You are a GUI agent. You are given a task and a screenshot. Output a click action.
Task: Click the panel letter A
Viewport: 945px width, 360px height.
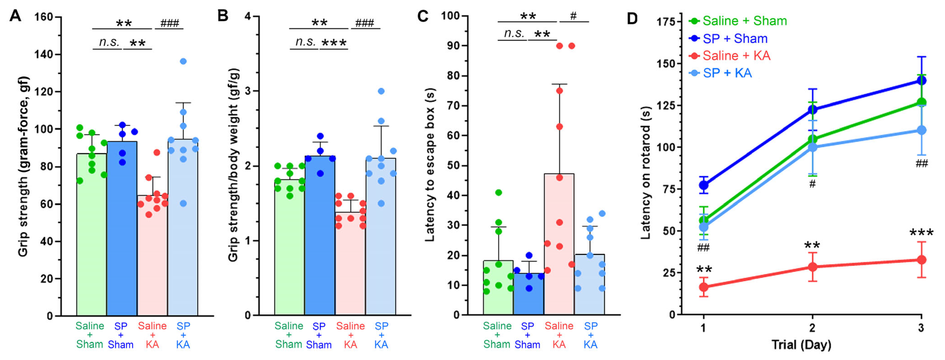click(15, 16)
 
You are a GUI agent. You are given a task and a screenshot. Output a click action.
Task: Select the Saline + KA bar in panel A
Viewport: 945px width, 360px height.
click(152, 255)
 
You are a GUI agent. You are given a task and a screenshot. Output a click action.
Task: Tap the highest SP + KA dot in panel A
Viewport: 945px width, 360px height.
click(183, 61)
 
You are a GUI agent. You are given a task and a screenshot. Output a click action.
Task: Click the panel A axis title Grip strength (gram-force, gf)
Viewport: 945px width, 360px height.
click(23, 166)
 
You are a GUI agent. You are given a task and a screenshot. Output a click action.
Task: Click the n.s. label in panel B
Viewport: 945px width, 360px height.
click(306, 42)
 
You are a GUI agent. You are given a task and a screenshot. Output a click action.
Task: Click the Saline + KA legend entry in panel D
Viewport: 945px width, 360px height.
click(730, 56)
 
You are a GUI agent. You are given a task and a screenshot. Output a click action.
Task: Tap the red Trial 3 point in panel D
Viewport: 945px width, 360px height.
click(921, 260)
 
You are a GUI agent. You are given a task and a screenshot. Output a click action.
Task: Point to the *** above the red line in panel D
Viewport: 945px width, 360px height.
click(921, 233)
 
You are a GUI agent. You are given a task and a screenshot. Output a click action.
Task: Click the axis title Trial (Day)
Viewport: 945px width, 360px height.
click(801, 345)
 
